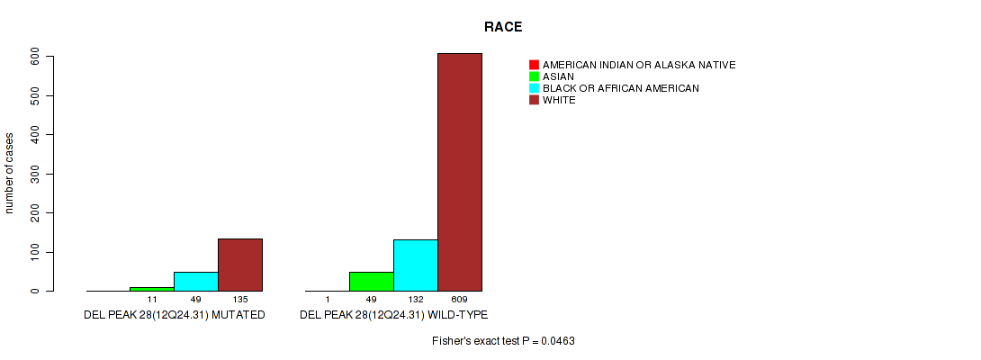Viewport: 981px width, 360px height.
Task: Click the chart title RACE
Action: [x=503, y=27]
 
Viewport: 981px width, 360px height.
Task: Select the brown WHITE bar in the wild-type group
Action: [x=460, y=172]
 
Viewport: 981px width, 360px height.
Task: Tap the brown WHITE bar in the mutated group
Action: [x=240, y=265]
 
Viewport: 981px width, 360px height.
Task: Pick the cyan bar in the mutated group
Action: [x=196, y=282]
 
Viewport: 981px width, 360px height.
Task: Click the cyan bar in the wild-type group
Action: [x=416, y=265]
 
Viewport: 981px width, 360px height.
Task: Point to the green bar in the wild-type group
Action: [x=372, y=282]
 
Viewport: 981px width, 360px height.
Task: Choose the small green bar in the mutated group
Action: [x=152, y=289]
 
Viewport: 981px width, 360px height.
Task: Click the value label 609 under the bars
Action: [x=460, y=301]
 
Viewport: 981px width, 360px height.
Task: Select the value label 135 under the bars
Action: [x=240, y=301]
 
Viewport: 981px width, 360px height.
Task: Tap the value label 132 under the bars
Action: [x=416, y=301]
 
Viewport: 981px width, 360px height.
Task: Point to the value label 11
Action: [x=152, y=301]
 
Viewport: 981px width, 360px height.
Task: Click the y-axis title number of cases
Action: [x=9, y=173]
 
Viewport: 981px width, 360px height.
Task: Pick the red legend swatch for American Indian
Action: [x=534, y=65]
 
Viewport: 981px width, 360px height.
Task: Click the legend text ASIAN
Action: [x=558, y=76]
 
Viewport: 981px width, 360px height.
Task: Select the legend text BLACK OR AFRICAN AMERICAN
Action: [x=621, y=88]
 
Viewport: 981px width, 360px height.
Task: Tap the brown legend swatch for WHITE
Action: [x=534, y=100]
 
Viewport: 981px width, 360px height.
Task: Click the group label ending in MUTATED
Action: [x=175, y=314]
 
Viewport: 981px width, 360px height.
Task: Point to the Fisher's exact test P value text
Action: [x=503, y=341]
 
